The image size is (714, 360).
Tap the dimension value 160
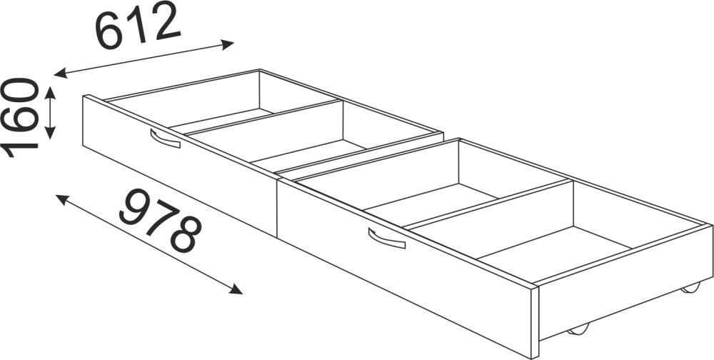click(19, 118)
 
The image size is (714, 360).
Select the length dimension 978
click(160, 221)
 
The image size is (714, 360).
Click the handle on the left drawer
click(165, 139)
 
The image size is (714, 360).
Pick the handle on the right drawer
click(386, 239)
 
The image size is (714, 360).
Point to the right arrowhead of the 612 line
click(227, 44)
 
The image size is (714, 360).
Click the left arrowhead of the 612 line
click(61, 73)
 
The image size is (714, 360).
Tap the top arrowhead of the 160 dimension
click(50, 93)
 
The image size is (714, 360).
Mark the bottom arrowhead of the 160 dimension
click(50, 133)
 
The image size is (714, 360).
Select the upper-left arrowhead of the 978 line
click(62, 199)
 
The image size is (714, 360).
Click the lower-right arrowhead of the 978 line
click(236, 289)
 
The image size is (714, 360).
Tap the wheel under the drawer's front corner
click(578, 330)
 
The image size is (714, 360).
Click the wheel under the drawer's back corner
click(690, 288)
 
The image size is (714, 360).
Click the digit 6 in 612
click(109, 32)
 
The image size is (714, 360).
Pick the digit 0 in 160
click(19, 93)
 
